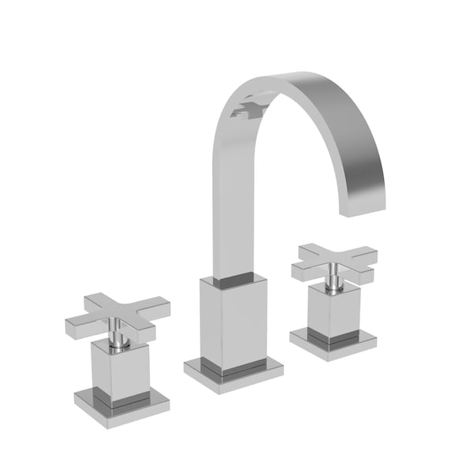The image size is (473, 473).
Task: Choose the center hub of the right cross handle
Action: [335, 263]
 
